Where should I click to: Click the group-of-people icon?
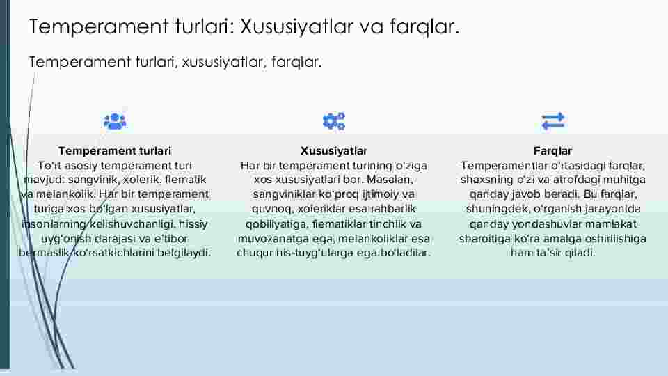coord(115,121)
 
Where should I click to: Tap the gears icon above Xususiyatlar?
coord(333,121)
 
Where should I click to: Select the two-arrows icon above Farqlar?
coord(553,121)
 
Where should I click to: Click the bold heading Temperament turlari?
coord(115,151)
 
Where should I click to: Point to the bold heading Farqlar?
coord(553,151)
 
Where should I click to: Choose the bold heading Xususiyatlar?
coord(334,151)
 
